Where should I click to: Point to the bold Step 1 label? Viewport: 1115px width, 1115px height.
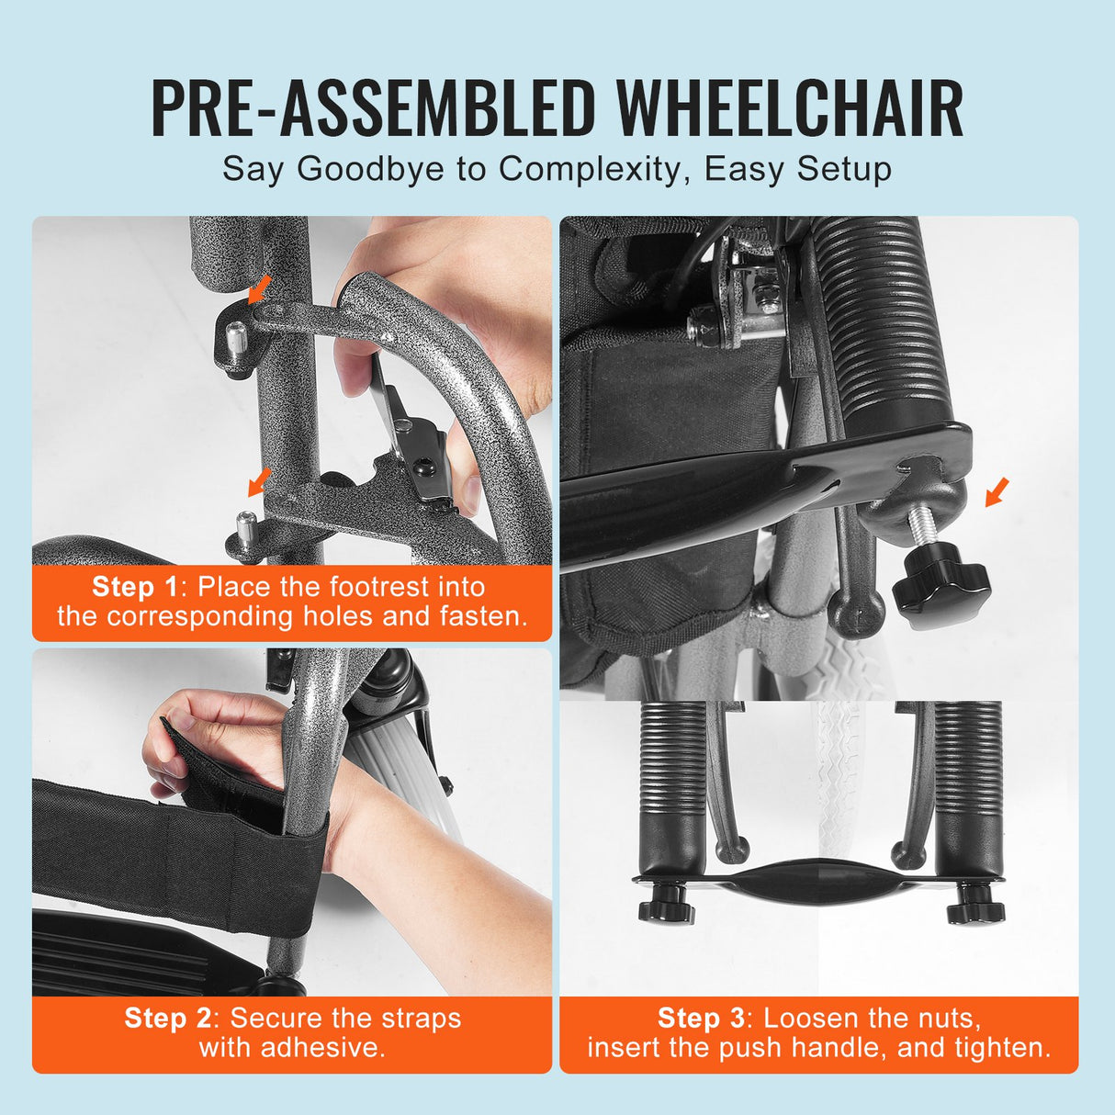[135, 587]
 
